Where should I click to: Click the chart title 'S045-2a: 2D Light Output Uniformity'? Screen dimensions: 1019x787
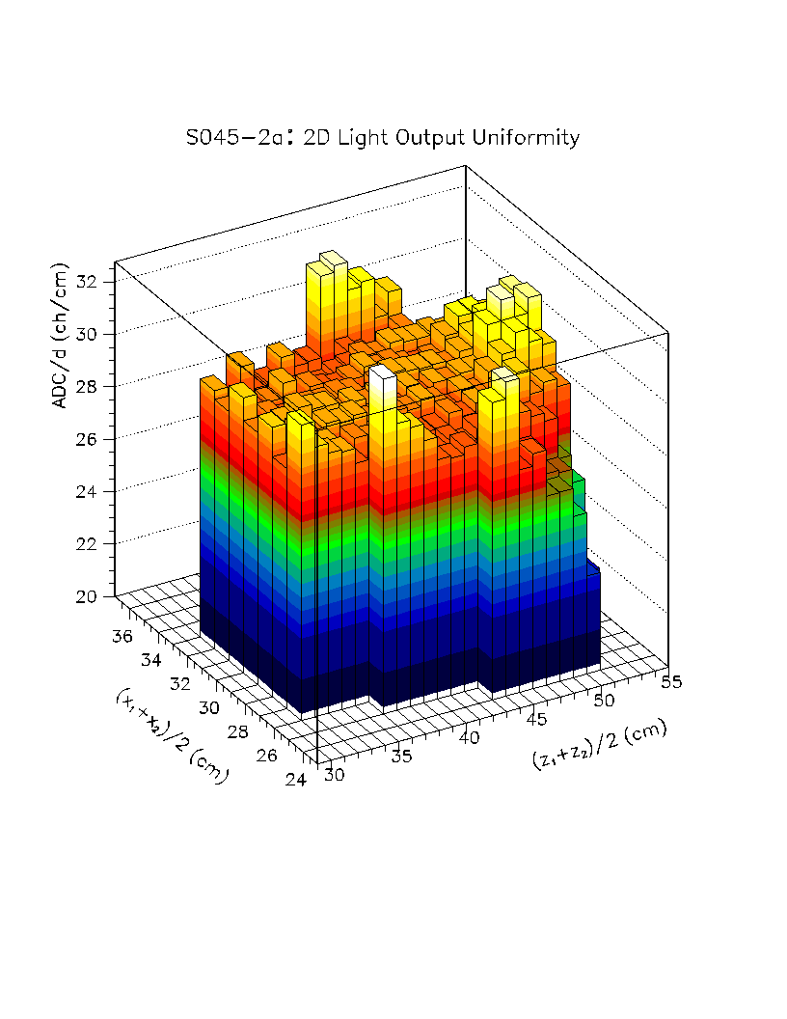(383, 138)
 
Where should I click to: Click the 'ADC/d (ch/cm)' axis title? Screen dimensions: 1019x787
(61, 335)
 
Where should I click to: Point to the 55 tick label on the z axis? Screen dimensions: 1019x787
(673, 682)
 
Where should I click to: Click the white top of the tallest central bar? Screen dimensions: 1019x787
(382, 372)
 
